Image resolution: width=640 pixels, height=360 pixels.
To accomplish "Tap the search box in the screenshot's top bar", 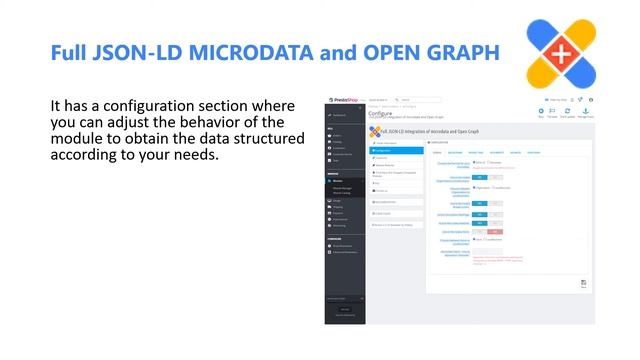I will coord(420,100).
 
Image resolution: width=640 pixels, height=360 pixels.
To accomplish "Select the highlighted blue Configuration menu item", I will coord(393,150).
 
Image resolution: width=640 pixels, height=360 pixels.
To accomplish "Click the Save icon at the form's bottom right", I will coord(583,283).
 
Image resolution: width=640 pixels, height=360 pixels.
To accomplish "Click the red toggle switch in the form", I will coord(496,231).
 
